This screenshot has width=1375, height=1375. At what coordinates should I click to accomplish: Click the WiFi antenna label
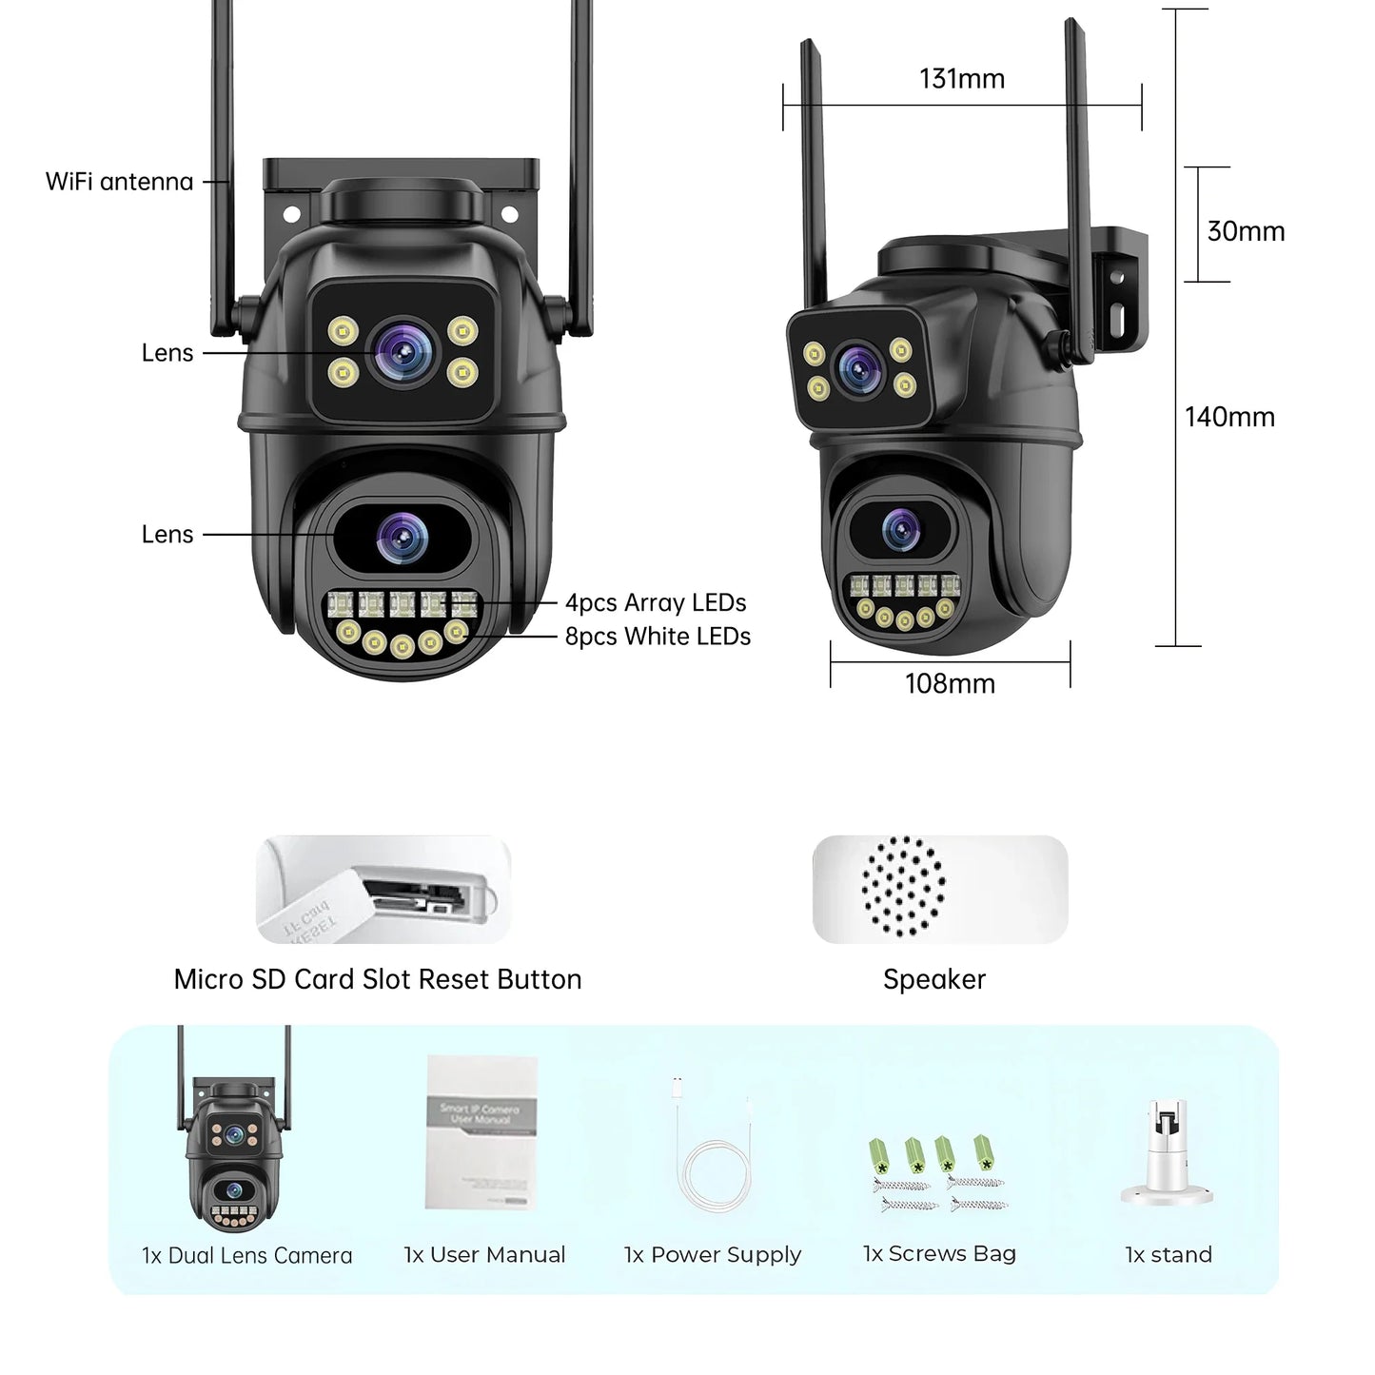[119, 182]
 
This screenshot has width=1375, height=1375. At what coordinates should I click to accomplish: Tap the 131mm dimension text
[961, 79]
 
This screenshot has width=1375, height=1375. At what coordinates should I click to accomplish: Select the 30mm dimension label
[1245, 231]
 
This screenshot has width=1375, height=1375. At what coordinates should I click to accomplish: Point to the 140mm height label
[1228, 417]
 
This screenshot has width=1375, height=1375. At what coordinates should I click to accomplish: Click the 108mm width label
[950, 683]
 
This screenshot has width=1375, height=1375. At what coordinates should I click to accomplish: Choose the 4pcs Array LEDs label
[655, 602]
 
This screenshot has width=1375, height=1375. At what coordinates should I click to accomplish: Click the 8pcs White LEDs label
[658, 637]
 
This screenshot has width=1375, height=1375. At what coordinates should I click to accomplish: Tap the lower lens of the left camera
[402, 536]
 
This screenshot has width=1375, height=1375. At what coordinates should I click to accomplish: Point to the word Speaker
[933, 979]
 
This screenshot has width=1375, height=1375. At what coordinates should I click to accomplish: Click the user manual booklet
[481, 1131]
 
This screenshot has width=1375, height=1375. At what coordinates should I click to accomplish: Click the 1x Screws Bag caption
[939, 1254]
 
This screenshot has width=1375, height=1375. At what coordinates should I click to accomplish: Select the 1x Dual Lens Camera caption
[246, 1255]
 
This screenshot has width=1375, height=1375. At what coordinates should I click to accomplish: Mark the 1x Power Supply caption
[712, 1255]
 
